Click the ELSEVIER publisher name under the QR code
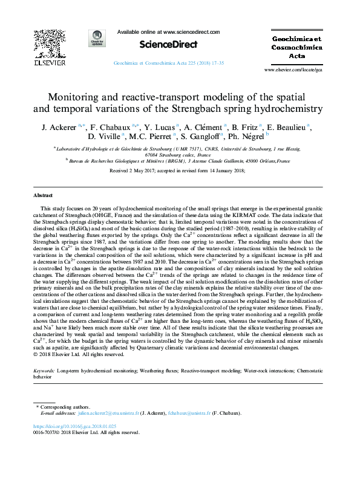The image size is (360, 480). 48,62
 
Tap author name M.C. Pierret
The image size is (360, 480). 159,138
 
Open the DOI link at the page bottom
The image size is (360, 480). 82,426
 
